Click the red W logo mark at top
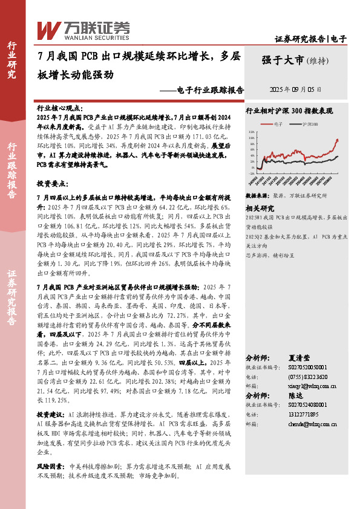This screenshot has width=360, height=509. click(x=48, y=29)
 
